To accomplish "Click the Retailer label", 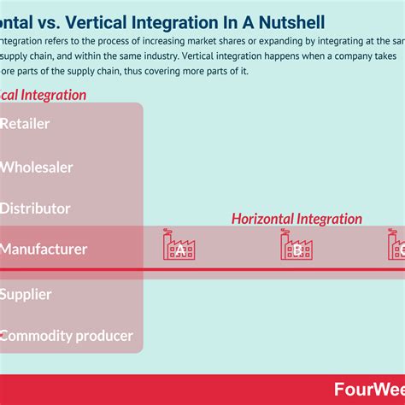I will (25, 124).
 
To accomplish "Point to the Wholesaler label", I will (36, 167).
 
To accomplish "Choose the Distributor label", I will (35, 208).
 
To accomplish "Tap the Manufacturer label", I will (44, 249).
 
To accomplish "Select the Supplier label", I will (26, 294).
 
